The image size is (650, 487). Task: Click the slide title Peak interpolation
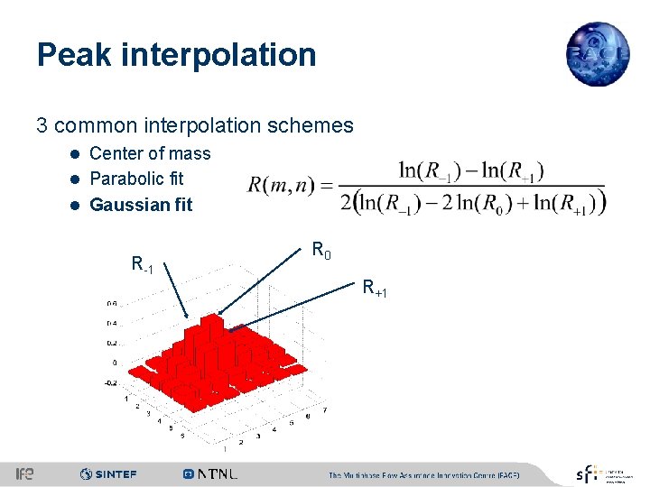pyautogui.click(x=176, y=55)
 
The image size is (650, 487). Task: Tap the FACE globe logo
pyautogui.click(x=597, y=54)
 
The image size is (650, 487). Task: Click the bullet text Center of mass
pyautogui.click(x=150, y=153)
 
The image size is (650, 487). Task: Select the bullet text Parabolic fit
pyautogui.click(x=136, y=179)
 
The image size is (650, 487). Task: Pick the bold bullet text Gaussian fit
pyautogui.click(x=141, y=205)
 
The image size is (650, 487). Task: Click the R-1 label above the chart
pyautogui.click(x=142, y=265)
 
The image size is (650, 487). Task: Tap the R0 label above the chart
pyautogui.click(x=321, y=250)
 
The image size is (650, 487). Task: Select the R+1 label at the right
pyautogui.click(x=375, y=289)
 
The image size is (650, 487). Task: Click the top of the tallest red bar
pyautogui.click(x=211, y=318)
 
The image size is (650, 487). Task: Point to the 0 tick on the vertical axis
pyautogui.click(x=114, y=363)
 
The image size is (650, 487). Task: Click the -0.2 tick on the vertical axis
pyautogui.click(x=109, y=382)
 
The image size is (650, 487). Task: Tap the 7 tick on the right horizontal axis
pyautogui.click(x=324, y=410)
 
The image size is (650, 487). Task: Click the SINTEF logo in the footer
pyautogui.click(x=107, y=473)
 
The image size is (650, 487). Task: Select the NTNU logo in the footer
pyautogui.click(x=209, y=473)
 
